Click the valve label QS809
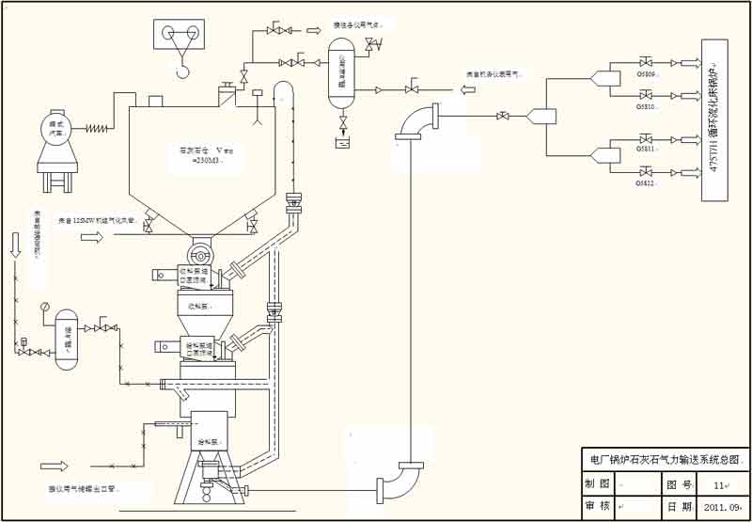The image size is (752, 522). [646, 73]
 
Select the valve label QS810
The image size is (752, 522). [646, 105]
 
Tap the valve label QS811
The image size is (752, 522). [646, 149]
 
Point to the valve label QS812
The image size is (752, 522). [646, 182]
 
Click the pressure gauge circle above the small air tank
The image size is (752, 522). [43, 306]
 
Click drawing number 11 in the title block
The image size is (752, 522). [719, 484]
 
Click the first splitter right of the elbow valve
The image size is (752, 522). [541, 116]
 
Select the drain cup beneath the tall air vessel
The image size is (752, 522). [343, 143]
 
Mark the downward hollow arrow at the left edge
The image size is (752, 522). [15, 245]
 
